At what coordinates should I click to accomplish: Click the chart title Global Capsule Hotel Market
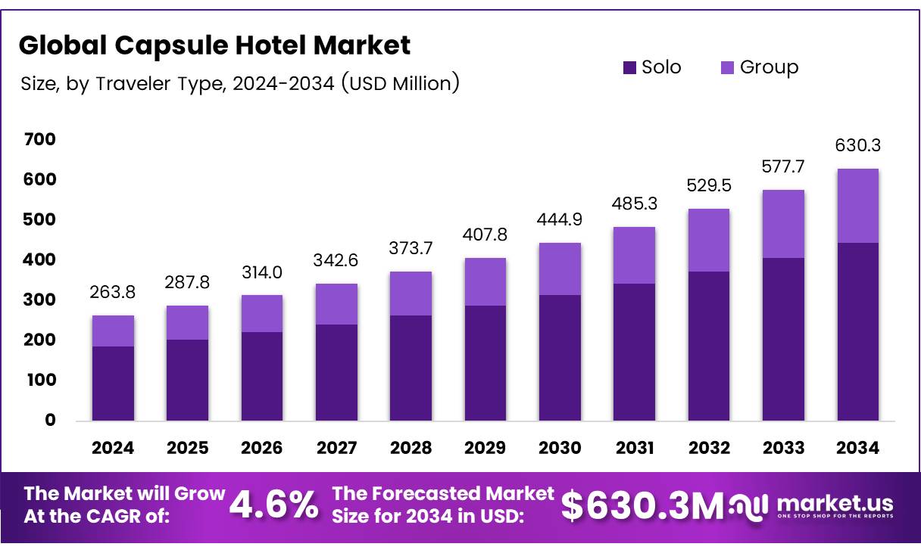point(214,45)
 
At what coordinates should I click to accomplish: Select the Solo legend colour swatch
point(629,67)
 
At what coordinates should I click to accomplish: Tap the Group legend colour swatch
point(726,67)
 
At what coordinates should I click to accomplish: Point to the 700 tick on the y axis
point(39,139)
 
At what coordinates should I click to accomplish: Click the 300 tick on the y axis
point(39,300)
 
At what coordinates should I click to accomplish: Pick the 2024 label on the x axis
point(113,448)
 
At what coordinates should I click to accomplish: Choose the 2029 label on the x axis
point(485,448)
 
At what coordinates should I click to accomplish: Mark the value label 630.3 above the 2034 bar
point(858,145)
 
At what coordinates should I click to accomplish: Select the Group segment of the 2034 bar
point(858,206)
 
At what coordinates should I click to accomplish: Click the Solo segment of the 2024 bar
point(113,383)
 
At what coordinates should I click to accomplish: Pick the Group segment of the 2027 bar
point(336,304)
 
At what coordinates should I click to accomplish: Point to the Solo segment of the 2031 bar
point(634,352)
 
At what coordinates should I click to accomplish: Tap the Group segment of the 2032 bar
point(708,240)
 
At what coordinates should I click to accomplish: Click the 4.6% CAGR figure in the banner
point(273,505)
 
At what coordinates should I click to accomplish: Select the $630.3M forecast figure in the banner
point(642,506)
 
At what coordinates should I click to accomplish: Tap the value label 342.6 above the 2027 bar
point(336,261)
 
